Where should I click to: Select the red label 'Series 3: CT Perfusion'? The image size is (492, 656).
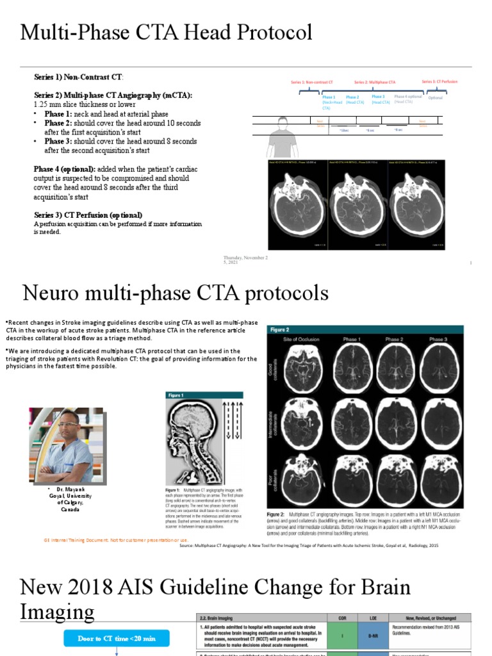coord(439,82)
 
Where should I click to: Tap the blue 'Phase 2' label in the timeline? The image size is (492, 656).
coord(352,97)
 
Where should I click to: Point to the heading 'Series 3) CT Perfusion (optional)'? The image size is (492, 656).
coord(88,215)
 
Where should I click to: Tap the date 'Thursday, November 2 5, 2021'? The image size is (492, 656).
coord(245,259)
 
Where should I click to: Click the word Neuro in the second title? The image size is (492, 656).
coord(51,293)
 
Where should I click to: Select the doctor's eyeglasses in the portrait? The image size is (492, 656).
coord(68,423)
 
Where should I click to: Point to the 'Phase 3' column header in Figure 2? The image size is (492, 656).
coord(438,338)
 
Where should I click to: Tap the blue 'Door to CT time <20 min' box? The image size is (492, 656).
coord(116,638)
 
